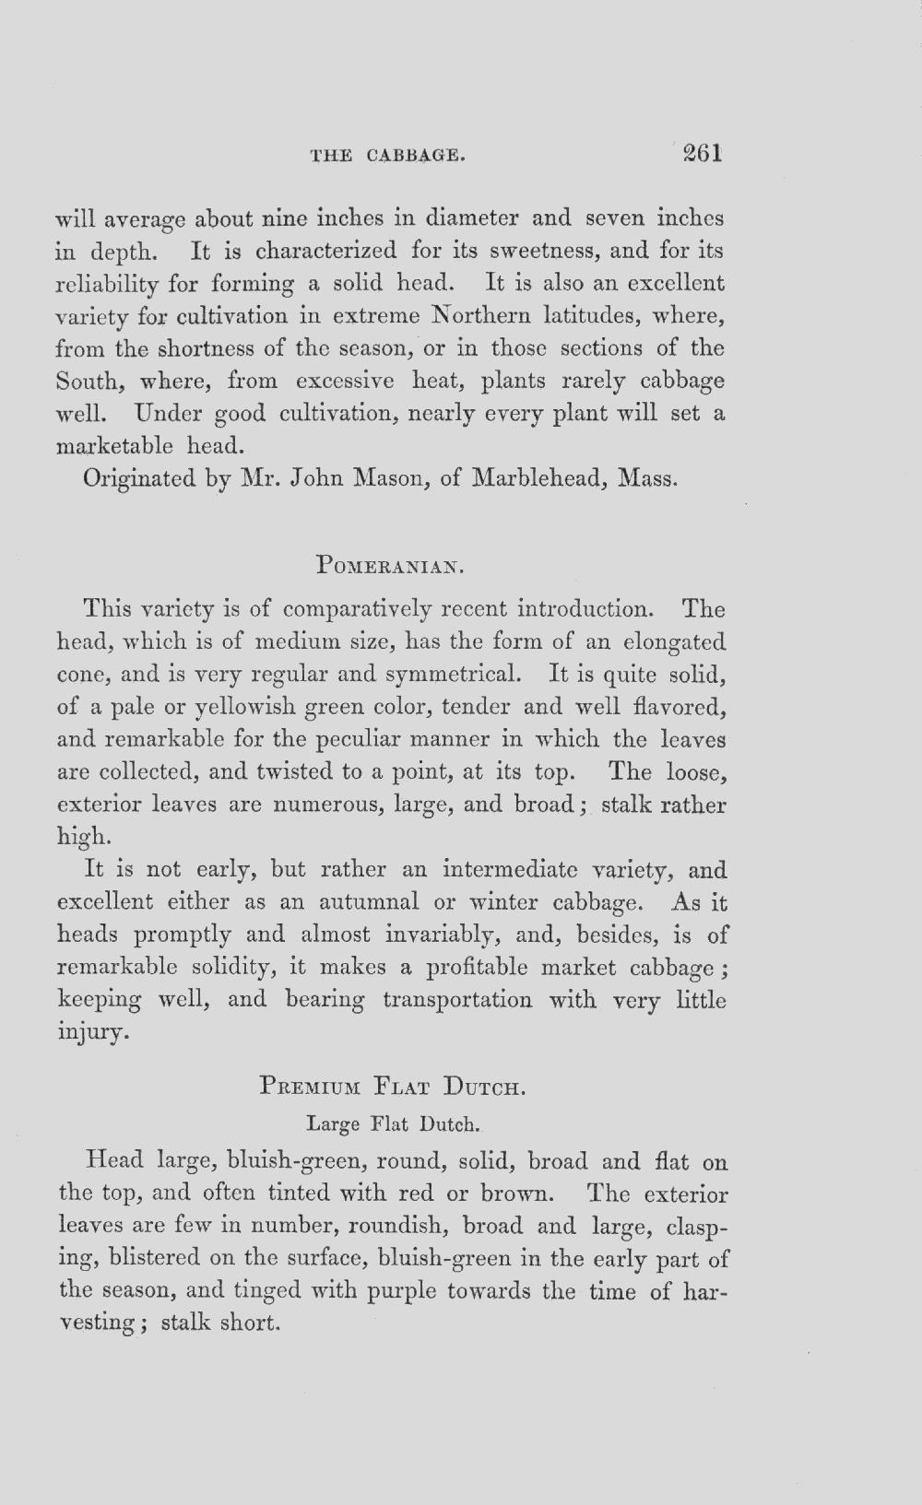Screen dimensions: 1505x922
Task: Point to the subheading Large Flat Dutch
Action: (394, 1124)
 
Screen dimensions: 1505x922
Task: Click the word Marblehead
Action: (538, 479)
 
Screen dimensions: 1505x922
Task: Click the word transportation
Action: (457, 1000)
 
